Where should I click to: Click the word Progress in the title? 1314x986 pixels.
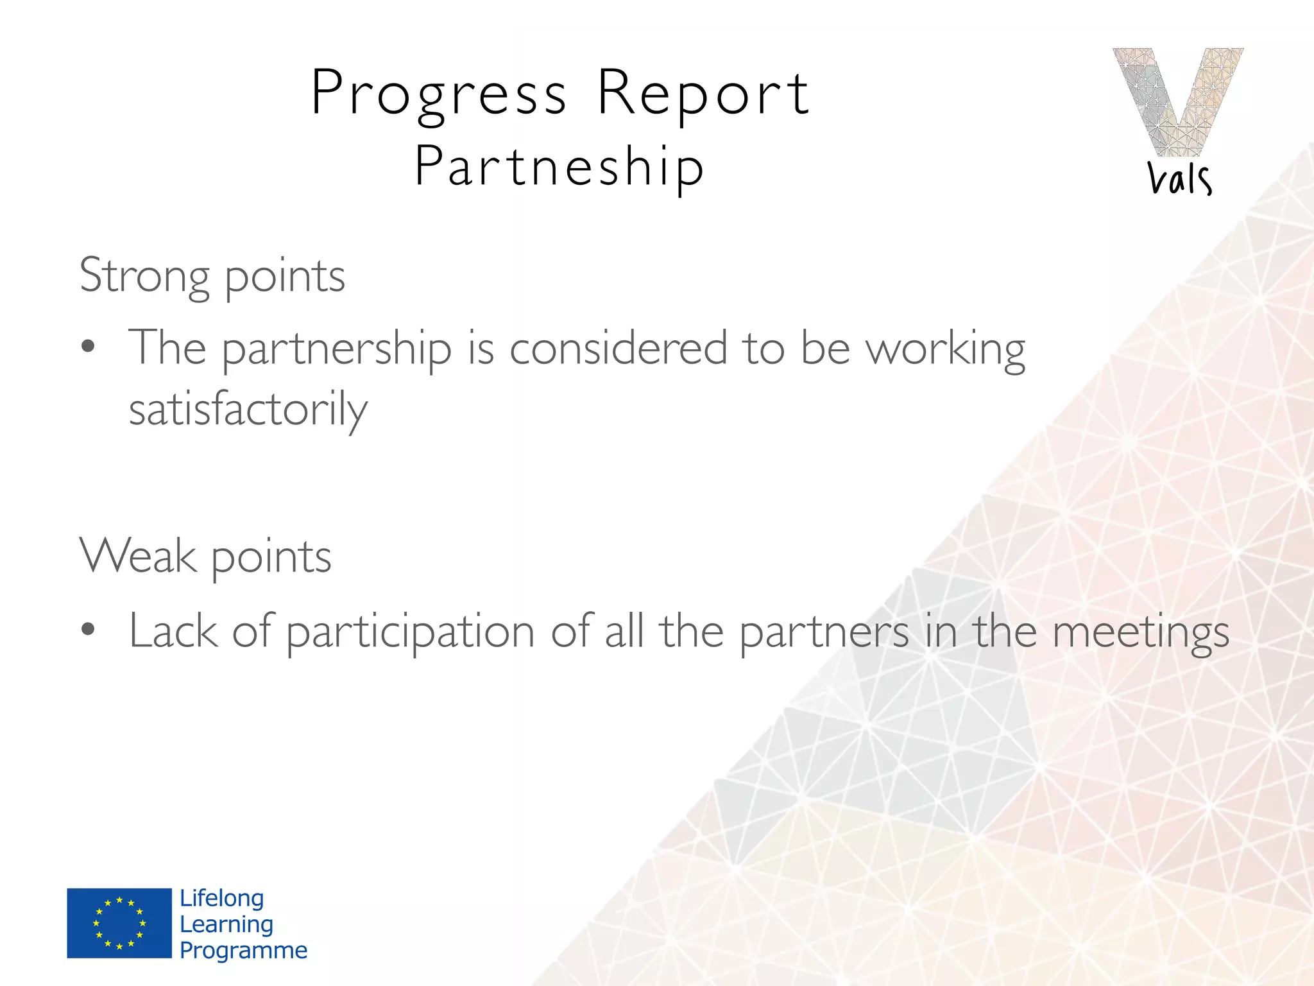tap(439, 95)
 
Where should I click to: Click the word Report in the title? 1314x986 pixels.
tap(703, 95)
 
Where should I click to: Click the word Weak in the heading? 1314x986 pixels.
tap(138, 556)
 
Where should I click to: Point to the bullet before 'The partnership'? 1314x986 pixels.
tap(89, 347)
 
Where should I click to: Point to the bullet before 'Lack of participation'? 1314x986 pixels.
tap(89, 630)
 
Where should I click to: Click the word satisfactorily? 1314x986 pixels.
tap(248, 410)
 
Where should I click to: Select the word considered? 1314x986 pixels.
tap(618, 349)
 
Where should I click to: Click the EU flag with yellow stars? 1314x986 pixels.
tap(119, 923)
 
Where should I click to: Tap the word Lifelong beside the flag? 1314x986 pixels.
tap(222, 898)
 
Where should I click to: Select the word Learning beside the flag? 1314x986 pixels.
tap(226, 924)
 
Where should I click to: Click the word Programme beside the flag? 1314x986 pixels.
tap(243, 950)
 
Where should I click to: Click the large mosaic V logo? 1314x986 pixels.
tap(1178, 101)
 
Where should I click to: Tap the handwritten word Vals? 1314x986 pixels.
tap(1179, 178)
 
